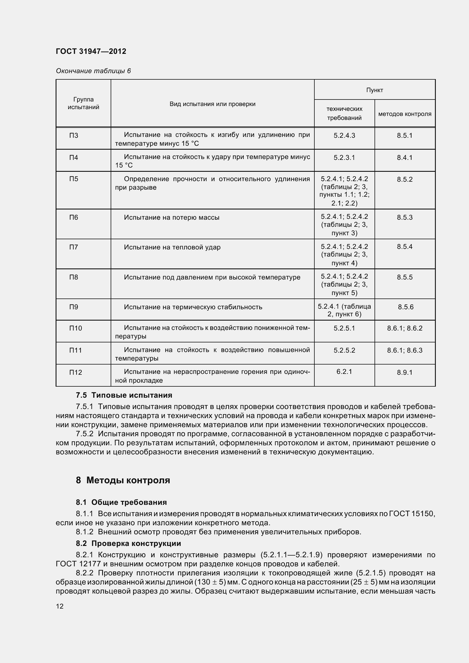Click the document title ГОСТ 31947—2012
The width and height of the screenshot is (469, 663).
91,51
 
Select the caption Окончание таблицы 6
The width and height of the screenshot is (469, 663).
93,71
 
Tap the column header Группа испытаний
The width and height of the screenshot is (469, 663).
83,103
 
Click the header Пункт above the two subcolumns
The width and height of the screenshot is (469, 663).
375,90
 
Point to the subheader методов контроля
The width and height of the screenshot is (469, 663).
405,114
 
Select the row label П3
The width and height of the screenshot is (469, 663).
74,135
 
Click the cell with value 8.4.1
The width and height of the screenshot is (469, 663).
405,158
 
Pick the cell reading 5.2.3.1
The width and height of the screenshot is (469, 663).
344,158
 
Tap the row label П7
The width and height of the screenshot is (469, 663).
74,247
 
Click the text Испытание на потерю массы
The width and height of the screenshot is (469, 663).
172,217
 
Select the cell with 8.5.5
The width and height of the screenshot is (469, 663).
405,277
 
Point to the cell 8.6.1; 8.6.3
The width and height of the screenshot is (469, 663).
405,350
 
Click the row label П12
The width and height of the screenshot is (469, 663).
76,372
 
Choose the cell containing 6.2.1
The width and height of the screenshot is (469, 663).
344,372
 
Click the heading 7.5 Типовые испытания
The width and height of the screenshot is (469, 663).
124,395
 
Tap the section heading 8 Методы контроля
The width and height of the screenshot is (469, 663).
123,480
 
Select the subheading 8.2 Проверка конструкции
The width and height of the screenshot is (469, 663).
128,543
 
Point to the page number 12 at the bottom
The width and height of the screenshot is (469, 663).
60,606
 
